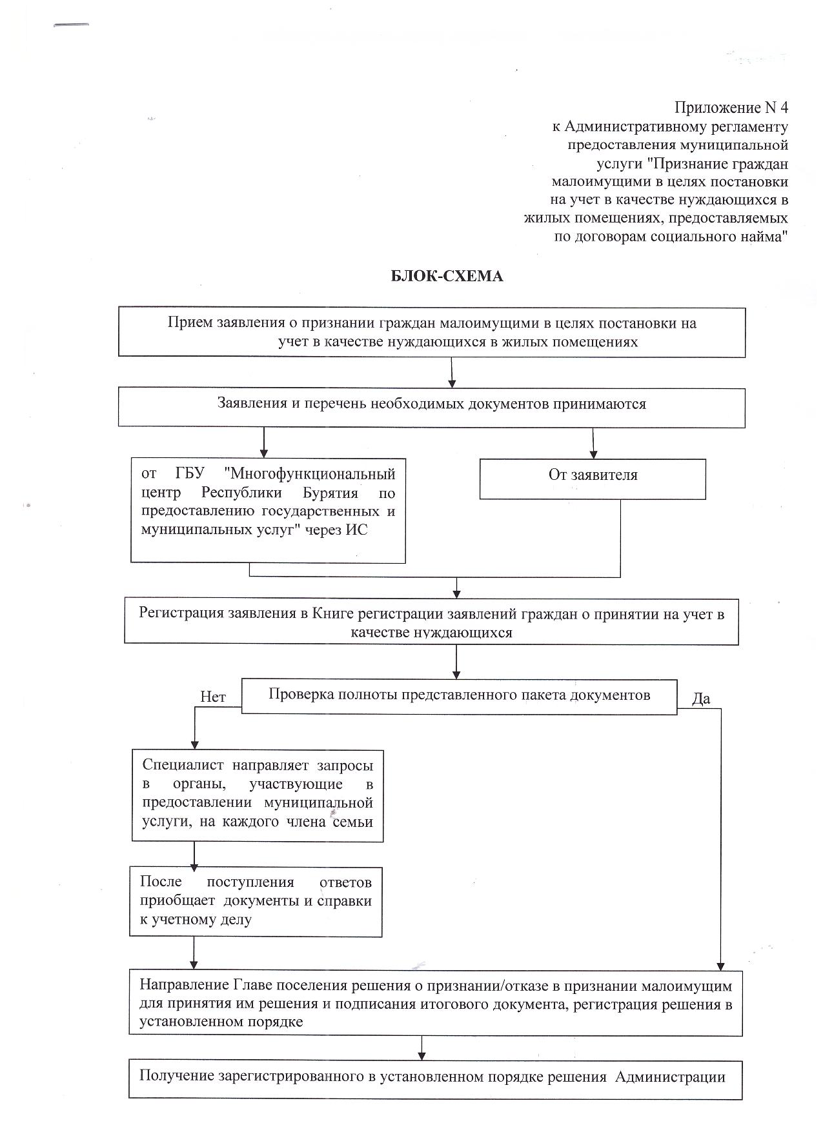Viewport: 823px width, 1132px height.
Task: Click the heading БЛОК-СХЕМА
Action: [447, 277]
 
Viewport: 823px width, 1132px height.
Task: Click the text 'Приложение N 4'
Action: [731, 107]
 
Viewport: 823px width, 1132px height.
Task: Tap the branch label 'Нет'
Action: [213, 697]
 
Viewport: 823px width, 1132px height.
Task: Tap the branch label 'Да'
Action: [701, 699]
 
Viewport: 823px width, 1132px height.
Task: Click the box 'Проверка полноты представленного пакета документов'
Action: [459, 695]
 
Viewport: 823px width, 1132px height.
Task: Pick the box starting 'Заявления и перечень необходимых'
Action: [431, 407]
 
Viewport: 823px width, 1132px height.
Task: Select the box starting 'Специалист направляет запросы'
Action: [257, 795]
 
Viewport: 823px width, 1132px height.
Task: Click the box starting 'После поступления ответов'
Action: [256, 901]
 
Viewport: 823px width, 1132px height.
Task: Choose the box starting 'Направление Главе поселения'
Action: [435, 1002]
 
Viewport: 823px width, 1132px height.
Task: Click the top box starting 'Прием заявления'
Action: [431, 332]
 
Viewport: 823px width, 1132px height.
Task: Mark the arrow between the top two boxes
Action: [452, 373]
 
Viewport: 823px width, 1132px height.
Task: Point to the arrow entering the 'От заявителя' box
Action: [593, 443]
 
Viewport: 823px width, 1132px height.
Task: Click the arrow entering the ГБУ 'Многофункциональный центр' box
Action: [263, 443]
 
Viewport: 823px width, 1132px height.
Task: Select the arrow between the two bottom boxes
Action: [422, 1047]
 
